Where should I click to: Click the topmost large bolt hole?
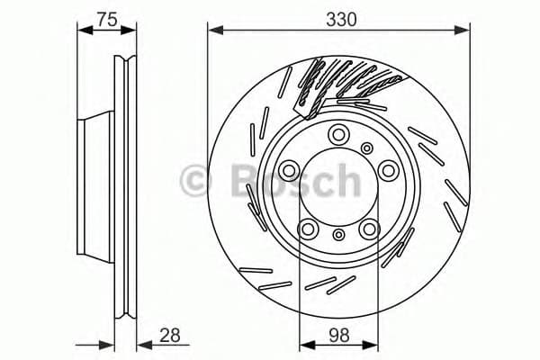[338, 135]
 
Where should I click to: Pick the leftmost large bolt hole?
[290, 169]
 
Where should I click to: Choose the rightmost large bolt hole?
[387, 169]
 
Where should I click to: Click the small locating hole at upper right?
[367, 147]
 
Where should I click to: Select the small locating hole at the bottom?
[338, 235]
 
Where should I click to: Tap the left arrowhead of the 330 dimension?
[213, 32]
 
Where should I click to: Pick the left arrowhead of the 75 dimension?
[84, 32]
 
